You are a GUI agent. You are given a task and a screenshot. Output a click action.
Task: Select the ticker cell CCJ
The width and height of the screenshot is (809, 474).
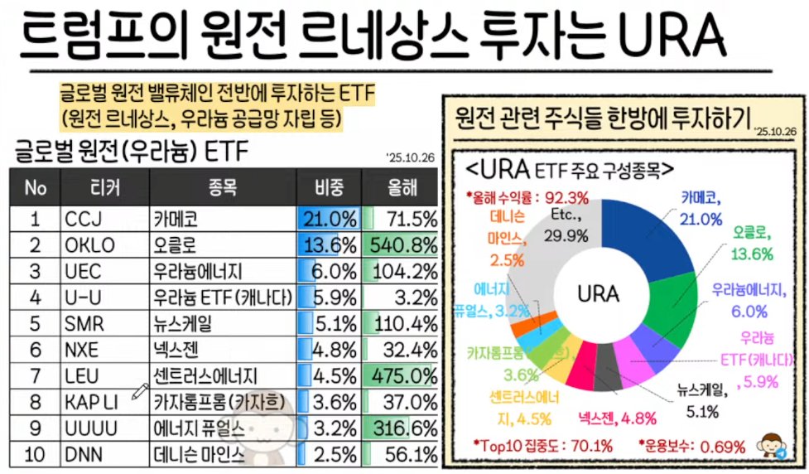click(83, 219)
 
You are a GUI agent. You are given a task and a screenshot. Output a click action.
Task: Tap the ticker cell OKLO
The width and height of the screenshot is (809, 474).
click(88, 245)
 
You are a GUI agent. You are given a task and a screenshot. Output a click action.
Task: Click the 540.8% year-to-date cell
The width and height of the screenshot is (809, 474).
click(401, 245)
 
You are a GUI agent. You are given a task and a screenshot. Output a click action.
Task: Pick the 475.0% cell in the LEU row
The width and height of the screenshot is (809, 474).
click(401, 375)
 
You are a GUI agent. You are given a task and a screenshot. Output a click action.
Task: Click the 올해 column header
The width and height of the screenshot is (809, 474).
click(401, 187)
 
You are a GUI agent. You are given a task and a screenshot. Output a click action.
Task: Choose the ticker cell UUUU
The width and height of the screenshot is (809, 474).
click(89, 428)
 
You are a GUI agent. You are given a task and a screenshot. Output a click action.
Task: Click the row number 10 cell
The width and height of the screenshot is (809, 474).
click(35, 454)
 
